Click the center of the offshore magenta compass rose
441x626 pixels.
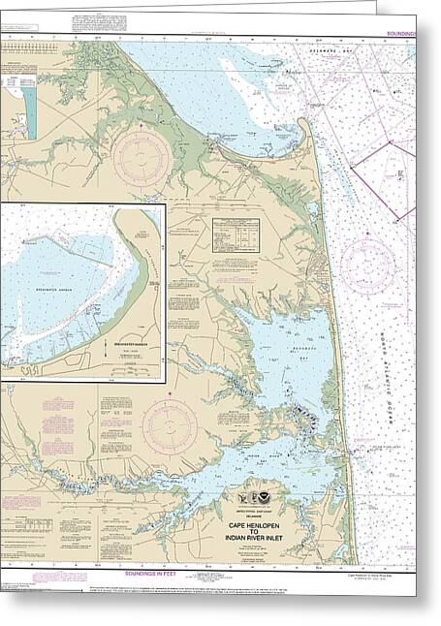(367, 266)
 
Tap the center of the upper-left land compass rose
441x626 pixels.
(142, 159)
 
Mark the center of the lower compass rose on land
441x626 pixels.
(170, 427)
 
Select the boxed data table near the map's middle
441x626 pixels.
(236, 234)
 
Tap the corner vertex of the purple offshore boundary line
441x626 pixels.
(390, 142)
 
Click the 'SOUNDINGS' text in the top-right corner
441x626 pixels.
(400, 34)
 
